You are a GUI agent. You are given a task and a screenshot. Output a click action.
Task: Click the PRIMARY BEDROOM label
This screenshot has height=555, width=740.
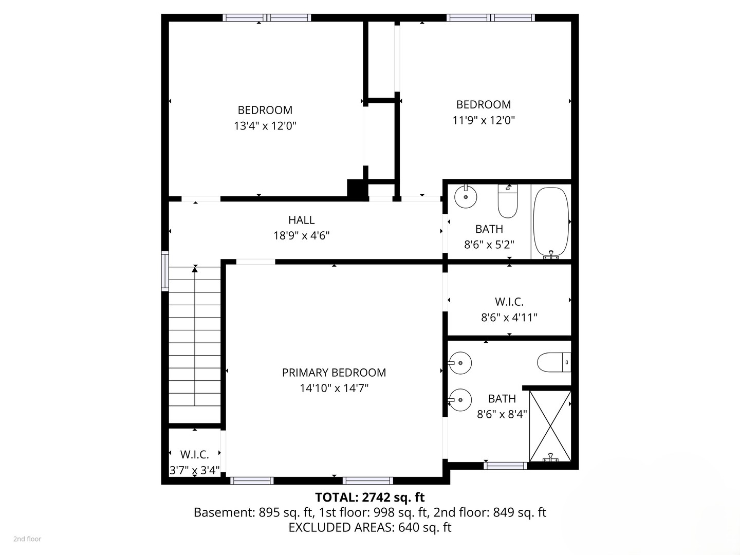(334, 373)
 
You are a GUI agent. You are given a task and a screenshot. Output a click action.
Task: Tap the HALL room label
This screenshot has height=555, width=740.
(301, 220)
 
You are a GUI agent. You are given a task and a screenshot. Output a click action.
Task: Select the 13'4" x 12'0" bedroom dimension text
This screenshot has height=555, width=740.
(265, 126)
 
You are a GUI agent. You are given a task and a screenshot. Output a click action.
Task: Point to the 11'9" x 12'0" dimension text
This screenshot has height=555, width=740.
(484, 120)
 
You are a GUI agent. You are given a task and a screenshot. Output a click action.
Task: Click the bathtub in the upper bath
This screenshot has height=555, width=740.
(551, 222)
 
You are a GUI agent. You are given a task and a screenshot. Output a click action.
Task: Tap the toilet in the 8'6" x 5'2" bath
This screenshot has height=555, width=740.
(507, 201)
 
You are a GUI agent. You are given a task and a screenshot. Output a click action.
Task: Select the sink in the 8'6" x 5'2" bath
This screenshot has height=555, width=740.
(466, 196)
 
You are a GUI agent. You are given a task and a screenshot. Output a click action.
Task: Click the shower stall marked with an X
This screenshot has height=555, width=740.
(550, 426)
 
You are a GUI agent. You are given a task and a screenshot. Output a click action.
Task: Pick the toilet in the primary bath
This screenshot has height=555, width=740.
(554, 362)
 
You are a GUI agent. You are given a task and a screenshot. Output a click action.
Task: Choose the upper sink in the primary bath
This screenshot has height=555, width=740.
(460, 363)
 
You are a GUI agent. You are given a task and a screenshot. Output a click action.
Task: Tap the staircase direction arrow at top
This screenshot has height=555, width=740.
(195, 268)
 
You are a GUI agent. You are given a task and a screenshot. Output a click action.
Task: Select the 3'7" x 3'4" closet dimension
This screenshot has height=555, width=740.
(195, 470)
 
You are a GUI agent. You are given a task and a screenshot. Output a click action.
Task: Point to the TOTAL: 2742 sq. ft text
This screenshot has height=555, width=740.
(369, 497)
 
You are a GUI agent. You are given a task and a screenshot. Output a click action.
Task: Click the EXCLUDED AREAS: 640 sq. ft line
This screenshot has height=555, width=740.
(369, 527)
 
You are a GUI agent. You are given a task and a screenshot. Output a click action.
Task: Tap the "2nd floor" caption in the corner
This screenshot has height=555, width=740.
(27, 539)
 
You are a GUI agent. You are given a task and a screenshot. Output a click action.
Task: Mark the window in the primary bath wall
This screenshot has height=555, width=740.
(505, 466)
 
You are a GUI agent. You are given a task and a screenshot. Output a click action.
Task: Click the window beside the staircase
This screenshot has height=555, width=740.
(165, 271)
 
